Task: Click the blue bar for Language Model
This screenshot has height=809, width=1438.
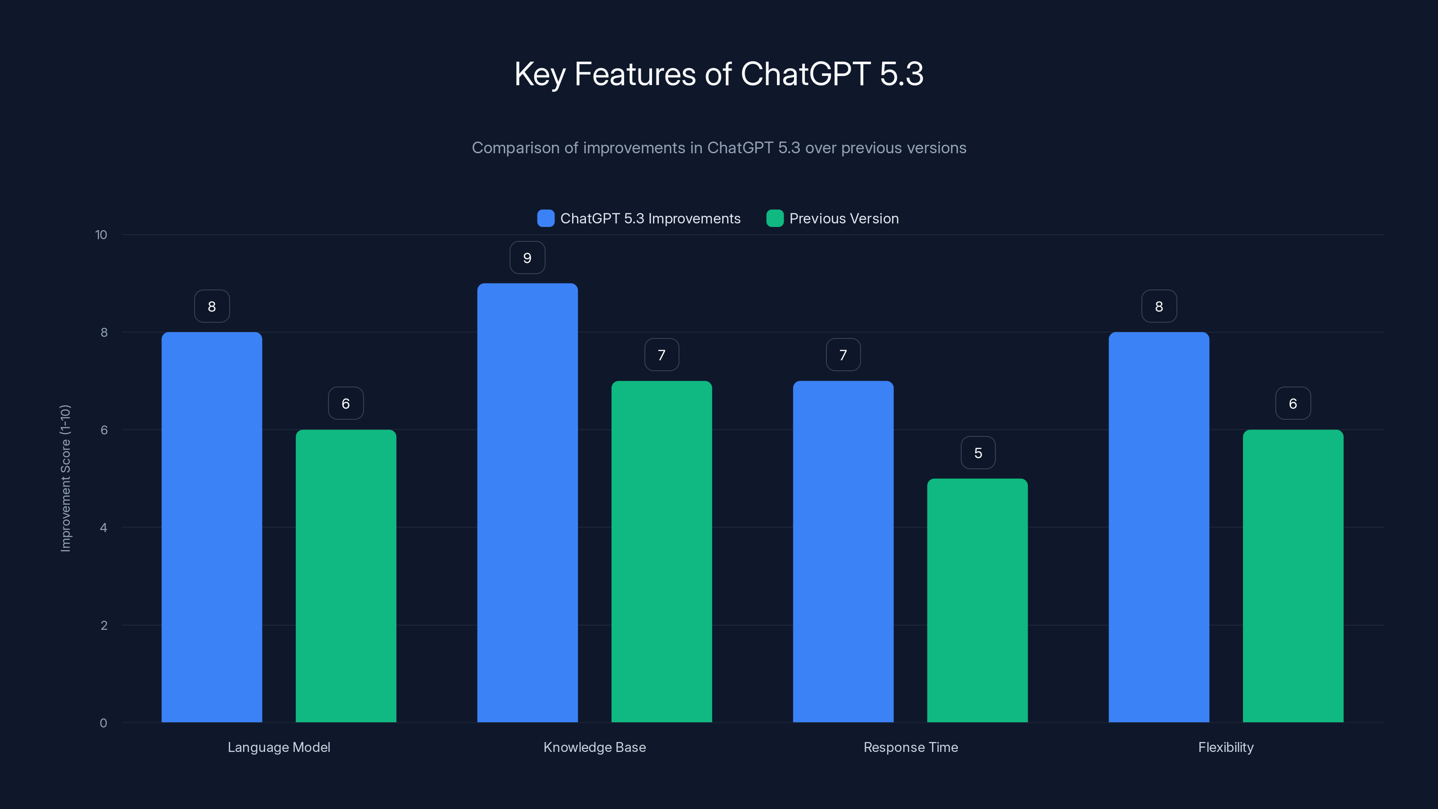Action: click(x=212, y=527)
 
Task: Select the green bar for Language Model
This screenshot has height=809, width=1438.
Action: click(x=346, y=576)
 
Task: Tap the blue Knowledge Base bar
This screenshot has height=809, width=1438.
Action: click(x=527, y=502)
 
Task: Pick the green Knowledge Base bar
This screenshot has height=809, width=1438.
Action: click(x=661, y=551)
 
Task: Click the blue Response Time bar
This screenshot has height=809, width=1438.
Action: click(x=843, y=551)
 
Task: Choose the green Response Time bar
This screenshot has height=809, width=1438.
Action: click(x=977, y=600)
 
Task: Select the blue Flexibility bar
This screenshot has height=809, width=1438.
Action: click(x=1159, y=527)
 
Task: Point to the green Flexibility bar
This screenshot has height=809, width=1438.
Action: click(x=1293, y=576)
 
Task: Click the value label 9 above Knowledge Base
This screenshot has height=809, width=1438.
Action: click(x=527, y=258)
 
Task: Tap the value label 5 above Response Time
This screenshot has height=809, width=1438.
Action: click(x=977, y=453)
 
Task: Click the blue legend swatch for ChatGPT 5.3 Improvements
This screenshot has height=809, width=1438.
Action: click(x=546, y=218)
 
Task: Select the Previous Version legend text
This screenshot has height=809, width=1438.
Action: click(x=843, y=218)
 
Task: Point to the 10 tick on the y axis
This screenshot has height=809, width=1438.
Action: click(x=101, y=235)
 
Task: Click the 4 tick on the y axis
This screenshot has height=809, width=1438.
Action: click(x=103, y=528)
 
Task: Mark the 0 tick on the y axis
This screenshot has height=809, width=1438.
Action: click(x=103, y=723)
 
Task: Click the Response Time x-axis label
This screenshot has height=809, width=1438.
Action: click(x=910, y=747)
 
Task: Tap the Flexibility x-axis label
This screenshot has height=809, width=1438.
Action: click(x=1226, y=747)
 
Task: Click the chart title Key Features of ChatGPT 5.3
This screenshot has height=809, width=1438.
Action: click(x=719, y=74)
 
